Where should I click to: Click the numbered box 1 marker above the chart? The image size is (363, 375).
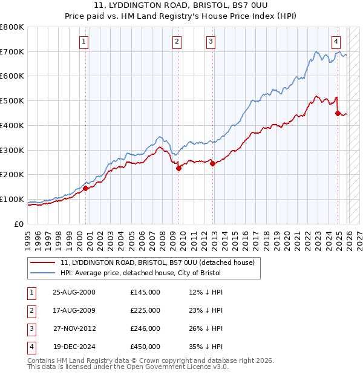coord(83,42)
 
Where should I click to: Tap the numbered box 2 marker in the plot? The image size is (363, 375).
coord(177,42)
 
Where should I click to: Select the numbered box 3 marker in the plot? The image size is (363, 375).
coord(211,42)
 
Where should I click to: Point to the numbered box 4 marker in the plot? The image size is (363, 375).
coord(336,42)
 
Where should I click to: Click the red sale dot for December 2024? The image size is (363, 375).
coord(338,113)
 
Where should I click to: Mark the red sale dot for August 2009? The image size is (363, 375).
coord(179,169)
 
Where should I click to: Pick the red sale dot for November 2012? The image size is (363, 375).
coord(213,163)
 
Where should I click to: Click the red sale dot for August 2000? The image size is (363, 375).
coord(86,188)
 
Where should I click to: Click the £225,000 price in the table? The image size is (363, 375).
coord(145,310)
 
